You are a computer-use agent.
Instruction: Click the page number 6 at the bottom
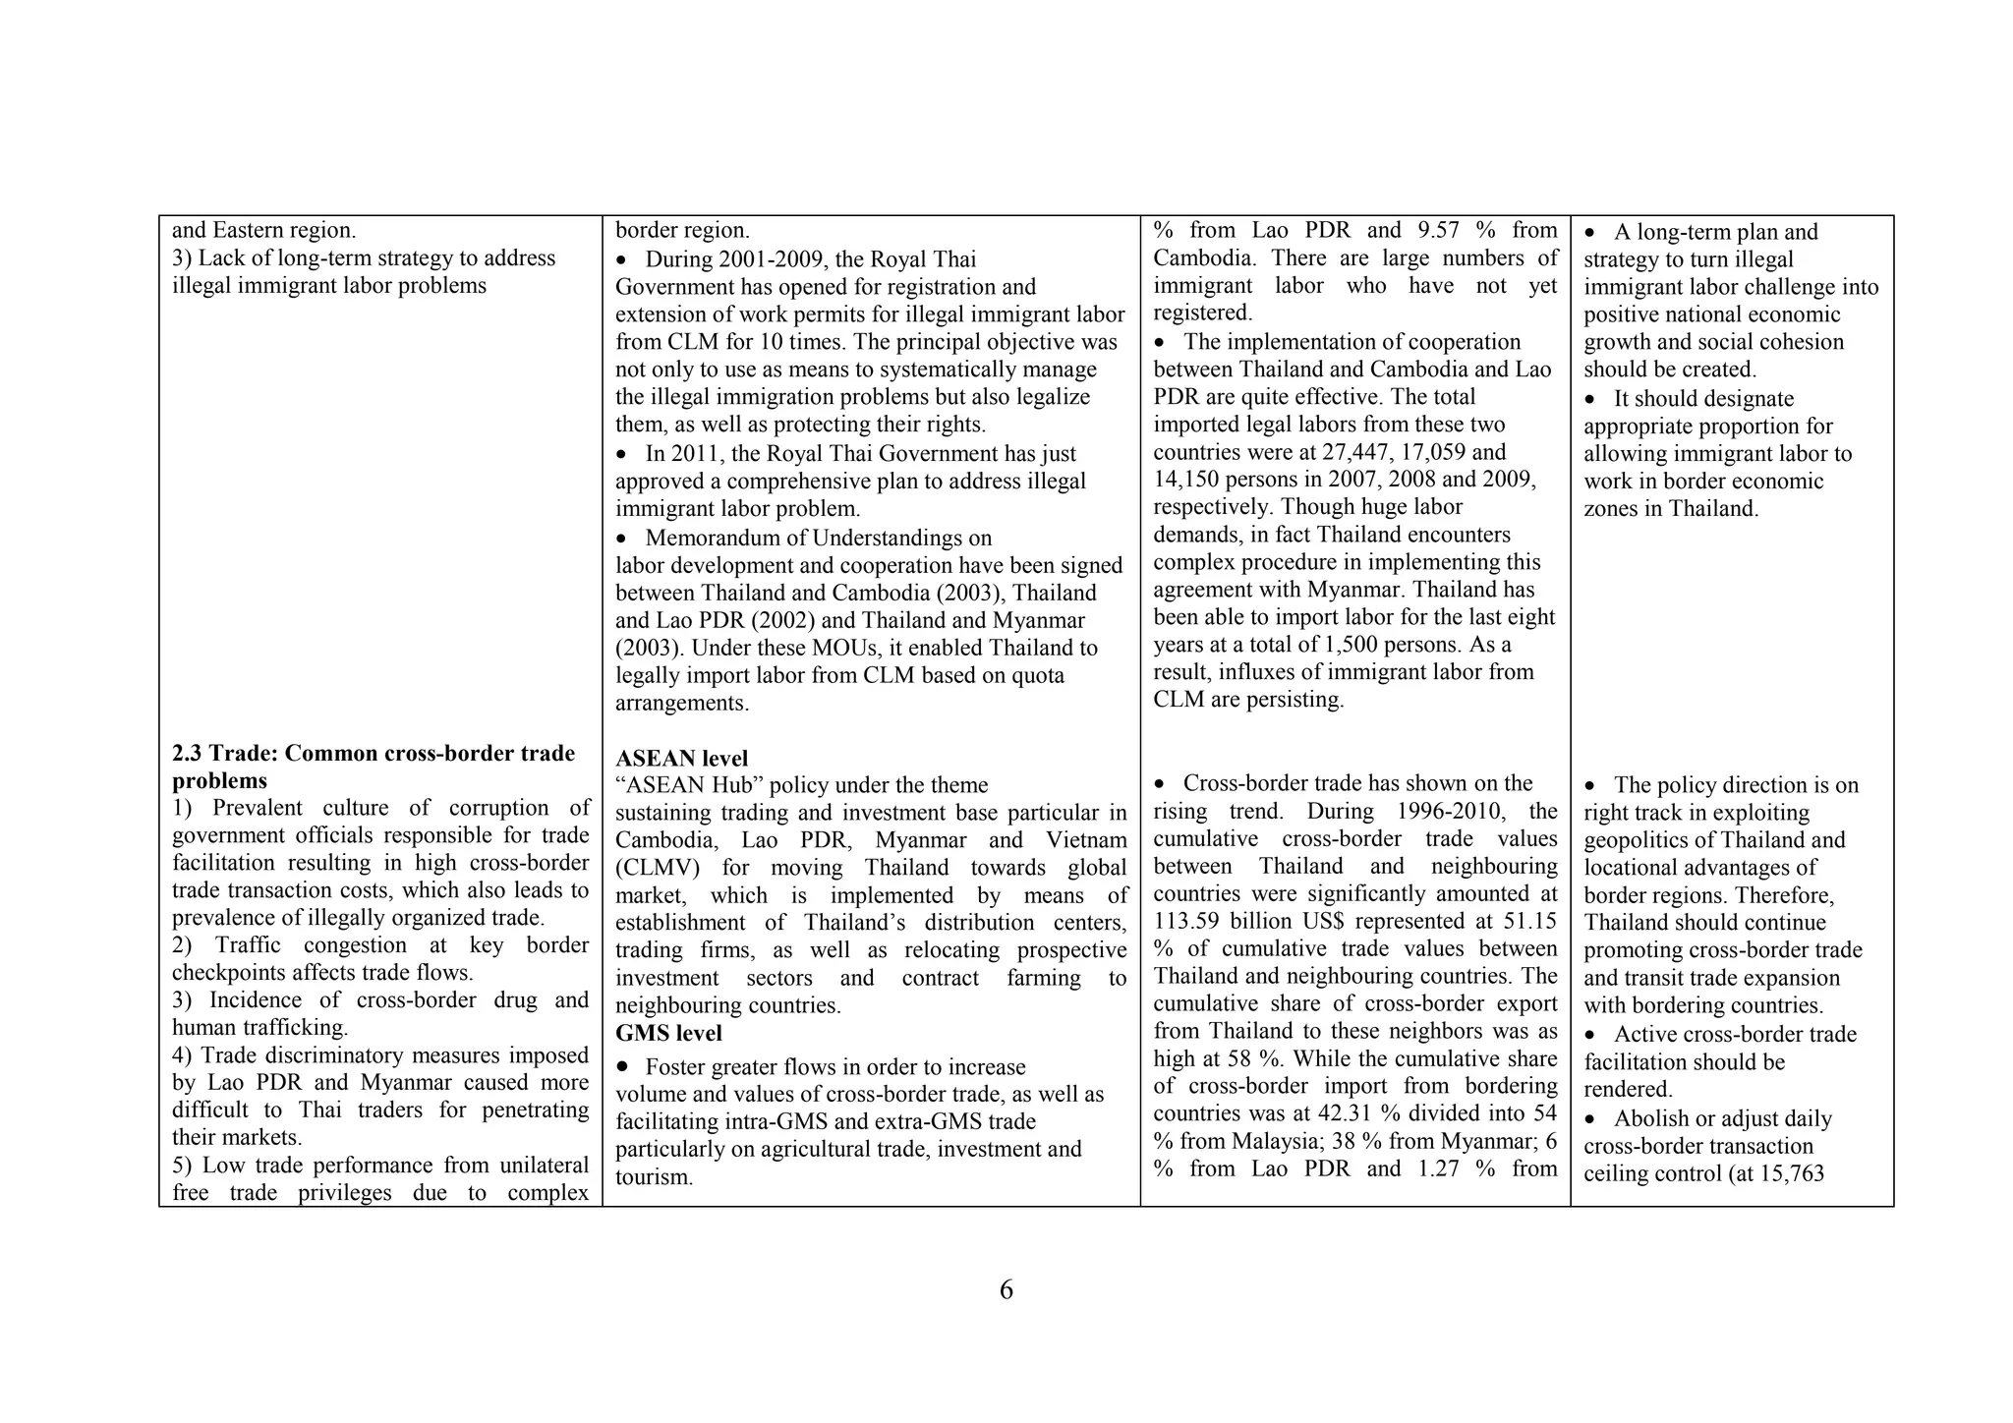coord(1006,1290)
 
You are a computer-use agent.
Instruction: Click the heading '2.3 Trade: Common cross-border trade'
coord(373,754)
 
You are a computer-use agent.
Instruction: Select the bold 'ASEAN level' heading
coord(681,759)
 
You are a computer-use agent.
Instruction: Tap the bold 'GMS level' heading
coord(668,1034)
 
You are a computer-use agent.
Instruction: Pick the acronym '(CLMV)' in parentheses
coord(656,868)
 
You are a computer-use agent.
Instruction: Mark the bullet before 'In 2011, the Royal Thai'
coord(621,455)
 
